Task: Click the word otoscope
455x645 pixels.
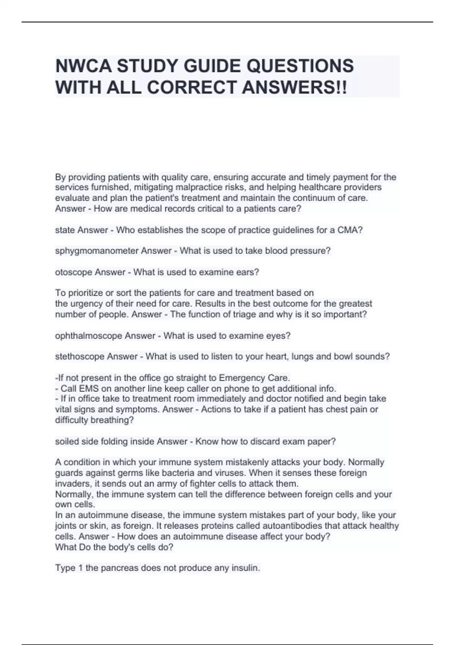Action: pyautogui.click(x=74, y=272)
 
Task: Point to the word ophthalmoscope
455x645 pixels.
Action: pyautogui.click(x=89, y=336)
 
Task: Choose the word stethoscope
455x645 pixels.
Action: pyautogui.click(x=80, y=357)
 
